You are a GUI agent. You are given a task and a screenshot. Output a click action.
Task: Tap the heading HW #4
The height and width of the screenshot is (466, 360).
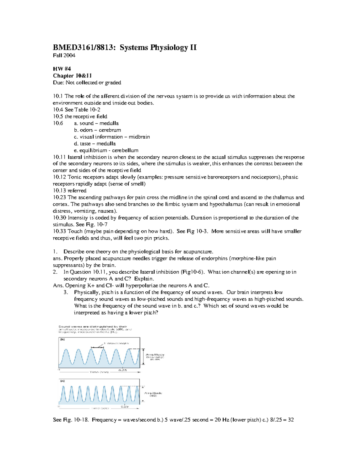(62, 69)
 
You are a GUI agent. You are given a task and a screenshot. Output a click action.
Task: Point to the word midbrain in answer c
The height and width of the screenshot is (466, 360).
(139, 137)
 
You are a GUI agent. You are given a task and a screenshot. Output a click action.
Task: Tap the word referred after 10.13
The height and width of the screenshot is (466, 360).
(77, 191)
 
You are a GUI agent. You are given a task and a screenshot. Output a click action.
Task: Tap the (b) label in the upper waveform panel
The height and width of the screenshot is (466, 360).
(62, 340)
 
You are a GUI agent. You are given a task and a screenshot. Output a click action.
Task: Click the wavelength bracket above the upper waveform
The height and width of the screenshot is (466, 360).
(97, 347)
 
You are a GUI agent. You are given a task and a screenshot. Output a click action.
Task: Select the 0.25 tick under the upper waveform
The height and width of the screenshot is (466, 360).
(123, 370)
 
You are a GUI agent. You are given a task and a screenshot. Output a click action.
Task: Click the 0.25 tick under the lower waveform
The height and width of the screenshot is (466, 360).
(125, 407)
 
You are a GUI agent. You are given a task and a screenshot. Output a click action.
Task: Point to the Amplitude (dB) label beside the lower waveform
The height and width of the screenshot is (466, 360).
(153, 394)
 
